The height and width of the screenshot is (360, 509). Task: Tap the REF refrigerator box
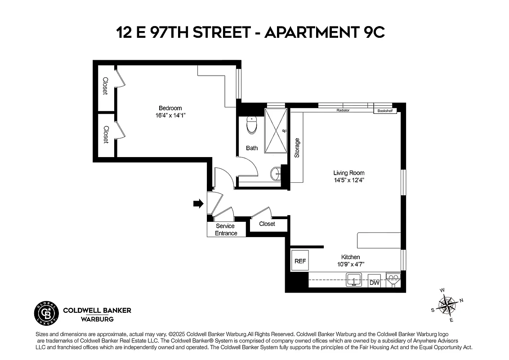point(300,261)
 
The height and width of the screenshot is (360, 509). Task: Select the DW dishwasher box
point(374,283)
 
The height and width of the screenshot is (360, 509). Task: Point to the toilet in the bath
point(252,126)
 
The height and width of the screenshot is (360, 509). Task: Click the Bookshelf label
point(385,110)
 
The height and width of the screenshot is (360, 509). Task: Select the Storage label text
point(297,148)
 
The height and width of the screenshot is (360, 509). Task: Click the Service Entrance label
point(226,229)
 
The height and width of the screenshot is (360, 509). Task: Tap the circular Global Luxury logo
point(47,314)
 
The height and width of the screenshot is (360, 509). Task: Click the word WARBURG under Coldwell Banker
point(97,319)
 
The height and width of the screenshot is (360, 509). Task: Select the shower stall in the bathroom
point(275,130)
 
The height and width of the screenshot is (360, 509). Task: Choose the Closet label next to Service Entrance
point(267,224)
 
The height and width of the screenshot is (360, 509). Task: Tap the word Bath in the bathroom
point(252,148)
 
